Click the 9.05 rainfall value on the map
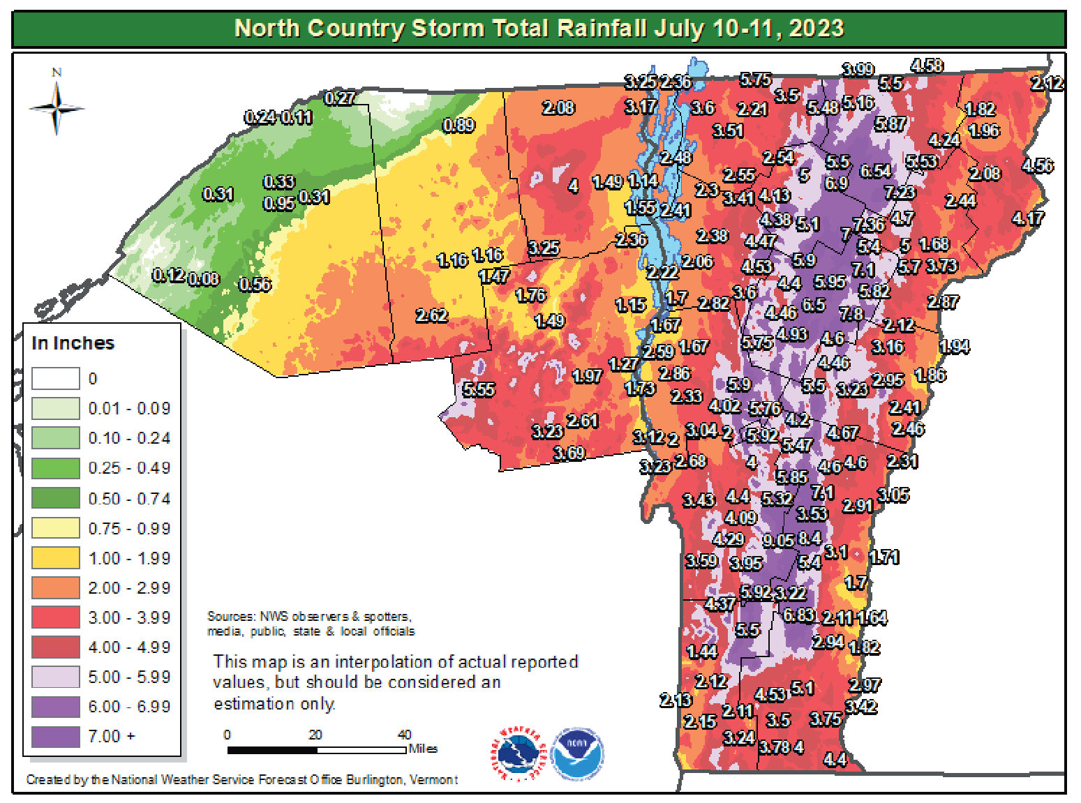[x=778, y=541]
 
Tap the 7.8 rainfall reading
[x=851, y=315]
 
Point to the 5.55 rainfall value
[x=479, y=390]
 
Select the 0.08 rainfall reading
[x=204, y=280]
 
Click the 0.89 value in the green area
[x=459, y=126]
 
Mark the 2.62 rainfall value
[x=431, y=316]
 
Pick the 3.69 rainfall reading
[x=569, y=453]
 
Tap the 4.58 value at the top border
[x=927, y=66]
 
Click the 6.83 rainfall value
[x=798, y=615]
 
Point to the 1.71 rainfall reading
[x=884, y=557]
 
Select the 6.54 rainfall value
[x=875, y=171]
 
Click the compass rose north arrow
[x=57, y=108]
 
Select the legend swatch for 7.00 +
[x=56, y=737]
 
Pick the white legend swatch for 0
[x=56, y=379]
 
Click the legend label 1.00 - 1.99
[x=129, y=559]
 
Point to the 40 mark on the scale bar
[x=405, y=735]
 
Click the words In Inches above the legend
[x=73, y=343]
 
